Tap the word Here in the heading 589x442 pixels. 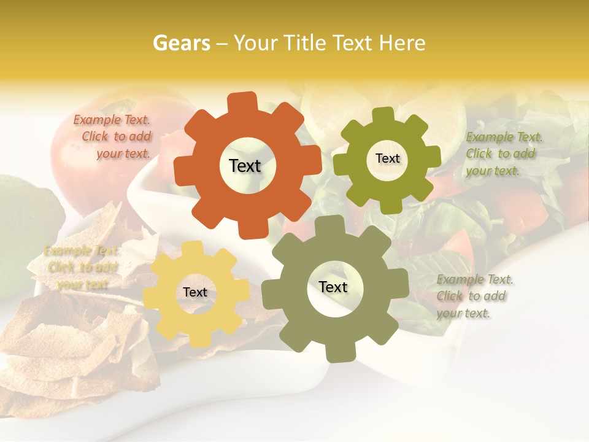click(x=402, y=43)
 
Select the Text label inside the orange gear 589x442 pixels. click(x=245, y=166)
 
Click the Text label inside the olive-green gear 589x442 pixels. click(x=387, y=158)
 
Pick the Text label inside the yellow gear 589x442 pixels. click(x=194, y=293)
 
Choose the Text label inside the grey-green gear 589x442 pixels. click(x=333, y=287)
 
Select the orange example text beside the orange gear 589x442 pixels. click(x=113, y=137)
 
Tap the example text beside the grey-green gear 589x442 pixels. click(x=474, y=296)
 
